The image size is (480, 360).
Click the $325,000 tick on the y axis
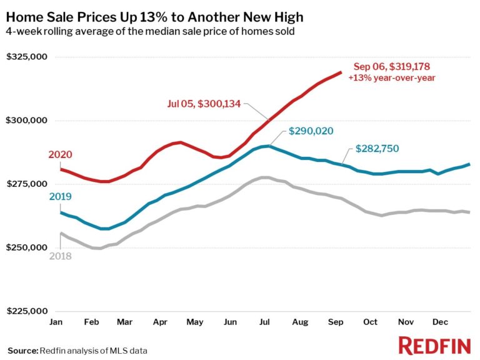26,57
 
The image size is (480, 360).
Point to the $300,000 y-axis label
26,121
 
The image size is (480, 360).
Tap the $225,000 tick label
26,311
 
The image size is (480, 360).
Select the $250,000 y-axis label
26,248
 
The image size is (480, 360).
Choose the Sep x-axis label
336,322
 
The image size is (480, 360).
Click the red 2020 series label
60,155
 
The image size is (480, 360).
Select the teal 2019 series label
60,197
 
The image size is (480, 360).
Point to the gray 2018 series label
60,256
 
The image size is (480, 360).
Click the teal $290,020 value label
311,131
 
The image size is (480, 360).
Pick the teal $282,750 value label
377,149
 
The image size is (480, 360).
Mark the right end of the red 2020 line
340,72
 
